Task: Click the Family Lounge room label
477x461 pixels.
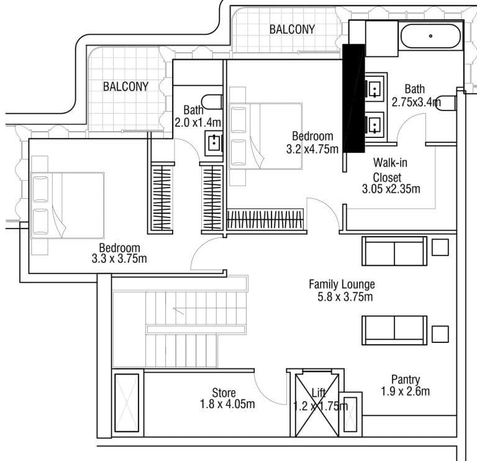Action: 342,285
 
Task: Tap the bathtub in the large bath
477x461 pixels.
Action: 431,36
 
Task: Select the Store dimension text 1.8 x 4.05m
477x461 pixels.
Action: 227,404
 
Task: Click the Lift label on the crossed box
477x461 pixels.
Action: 319,393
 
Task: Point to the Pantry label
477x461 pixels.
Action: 406,380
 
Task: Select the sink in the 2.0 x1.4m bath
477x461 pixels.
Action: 214,143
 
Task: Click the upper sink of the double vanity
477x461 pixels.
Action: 374,89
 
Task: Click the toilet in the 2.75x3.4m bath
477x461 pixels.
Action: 445,103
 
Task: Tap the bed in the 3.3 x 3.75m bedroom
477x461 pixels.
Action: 67,206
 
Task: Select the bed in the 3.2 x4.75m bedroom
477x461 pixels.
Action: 266,136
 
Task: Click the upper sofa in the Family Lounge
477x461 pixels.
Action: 394,251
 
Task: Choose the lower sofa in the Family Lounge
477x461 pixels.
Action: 394,331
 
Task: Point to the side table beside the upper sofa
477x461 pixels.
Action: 440,247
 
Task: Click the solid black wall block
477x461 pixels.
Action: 354,98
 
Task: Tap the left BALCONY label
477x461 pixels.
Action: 125,87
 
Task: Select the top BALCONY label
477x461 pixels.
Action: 292,30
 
